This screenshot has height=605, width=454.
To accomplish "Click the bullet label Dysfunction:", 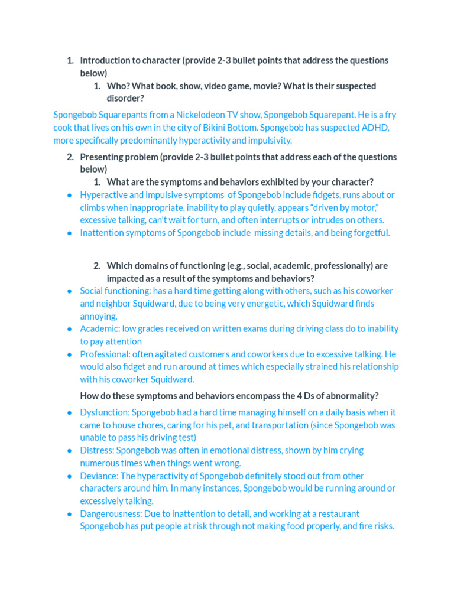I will point(105,412).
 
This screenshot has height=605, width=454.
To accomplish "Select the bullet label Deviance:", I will point(99,476).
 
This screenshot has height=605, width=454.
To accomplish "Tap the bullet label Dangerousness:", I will point(111,514).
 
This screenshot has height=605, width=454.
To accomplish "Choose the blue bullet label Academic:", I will point(99,329).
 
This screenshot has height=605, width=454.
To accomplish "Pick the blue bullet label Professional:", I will point(105,354).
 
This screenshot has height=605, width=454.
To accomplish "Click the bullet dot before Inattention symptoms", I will point(70,233).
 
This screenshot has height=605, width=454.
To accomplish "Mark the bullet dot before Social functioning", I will point(70,291).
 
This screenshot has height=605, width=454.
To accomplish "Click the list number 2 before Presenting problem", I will point(70,157).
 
